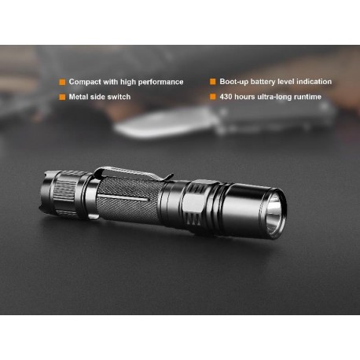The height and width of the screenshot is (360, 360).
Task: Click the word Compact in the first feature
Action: click(x=85, y=82)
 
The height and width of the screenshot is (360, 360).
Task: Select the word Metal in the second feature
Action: click(x=80, y=97)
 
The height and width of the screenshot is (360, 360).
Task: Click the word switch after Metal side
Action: click(x=119, y=97)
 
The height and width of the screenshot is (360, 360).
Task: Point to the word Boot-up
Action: click(x=233, y=82)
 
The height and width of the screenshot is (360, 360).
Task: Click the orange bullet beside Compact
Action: click(x=62, y=82)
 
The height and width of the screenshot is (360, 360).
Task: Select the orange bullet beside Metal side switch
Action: click(x=62, y=97)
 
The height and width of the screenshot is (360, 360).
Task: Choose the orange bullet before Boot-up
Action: click(x=212, y=82)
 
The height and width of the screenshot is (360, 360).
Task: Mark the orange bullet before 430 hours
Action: click(x=212, y=97)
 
